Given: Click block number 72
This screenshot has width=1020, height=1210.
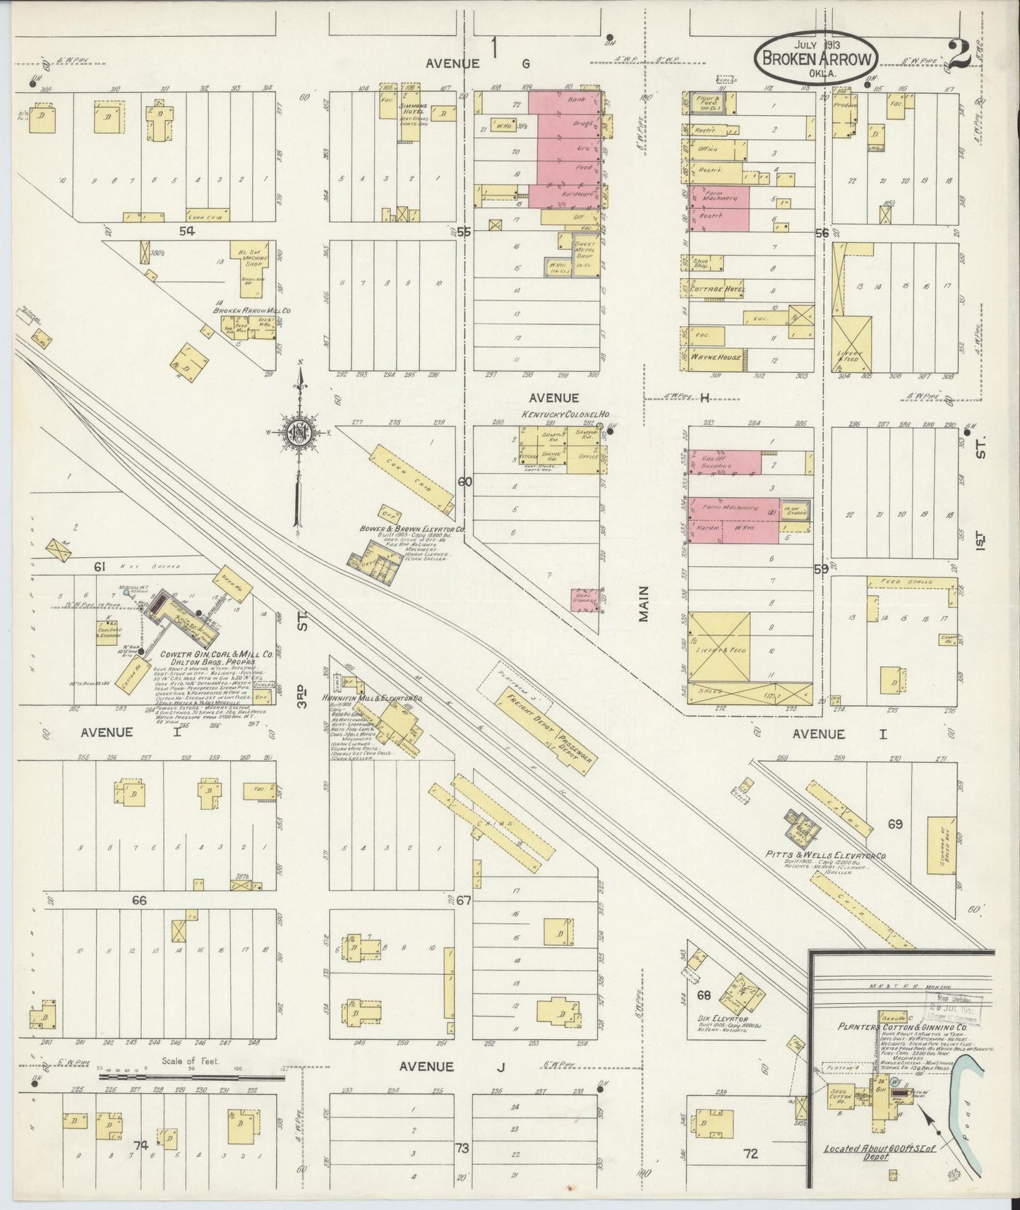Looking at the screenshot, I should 750,1154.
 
